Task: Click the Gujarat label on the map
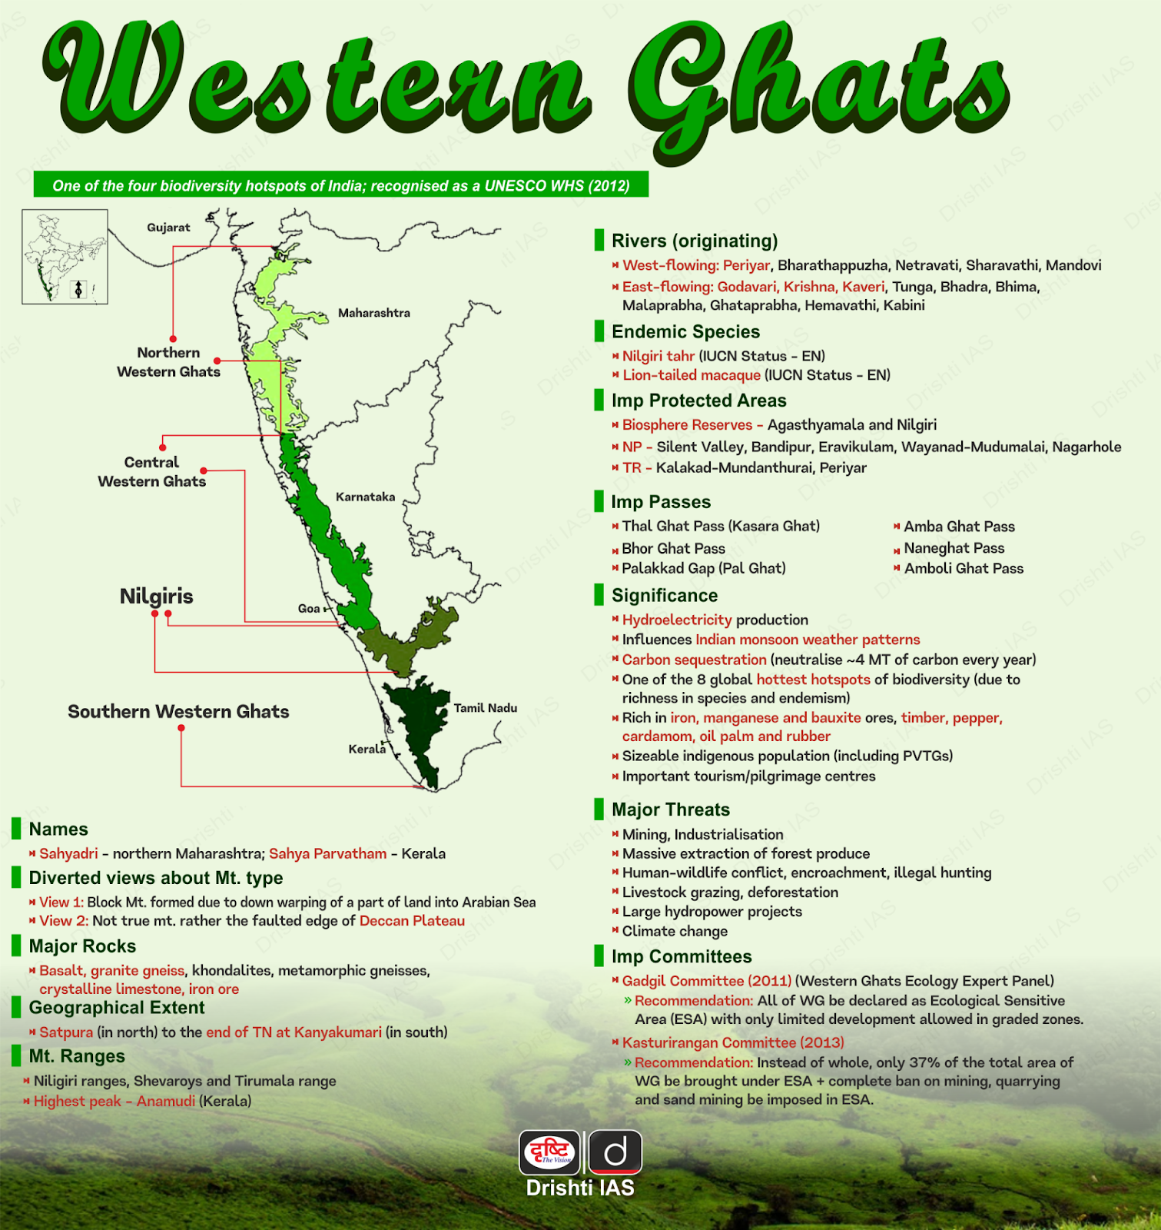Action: (168, 228)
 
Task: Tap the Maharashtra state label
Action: (374, 313)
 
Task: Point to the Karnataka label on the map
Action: (365, 497)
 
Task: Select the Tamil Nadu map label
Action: (485, 708)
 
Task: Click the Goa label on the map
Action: (309, 609)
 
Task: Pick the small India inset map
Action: (65, 257)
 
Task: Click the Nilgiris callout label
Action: (156, 597)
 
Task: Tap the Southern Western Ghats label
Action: (178, 712)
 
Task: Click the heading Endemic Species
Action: (685, 332)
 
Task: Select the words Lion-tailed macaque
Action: (691, 375)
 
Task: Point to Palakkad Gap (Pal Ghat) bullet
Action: (703, 568)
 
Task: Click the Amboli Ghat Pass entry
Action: (964, 569)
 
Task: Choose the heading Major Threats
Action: (670, 809)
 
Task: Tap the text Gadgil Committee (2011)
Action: (706, 981)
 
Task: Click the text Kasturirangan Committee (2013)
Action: (732, 1042)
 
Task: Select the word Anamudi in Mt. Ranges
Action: (166, 1101)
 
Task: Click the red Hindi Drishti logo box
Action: (550, 1152)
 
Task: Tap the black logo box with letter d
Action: (615, 1152)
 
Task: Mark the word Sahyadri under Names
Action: (68, 853)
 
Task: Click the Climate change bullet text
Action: (675, 931)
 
